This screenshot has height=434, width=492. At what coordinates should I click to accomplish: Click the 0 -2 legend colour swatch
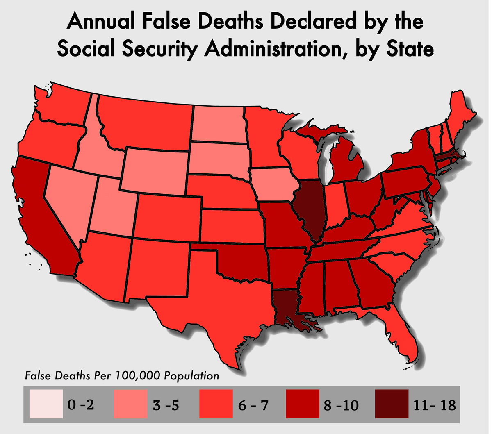[x=46, y=404]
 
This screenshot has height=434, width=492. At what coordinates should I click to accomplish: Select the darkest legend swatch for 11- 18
[x=392, y=404]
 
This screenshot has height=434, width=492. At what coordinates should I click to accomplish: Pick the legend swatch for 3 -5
[x=130, y=404]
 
